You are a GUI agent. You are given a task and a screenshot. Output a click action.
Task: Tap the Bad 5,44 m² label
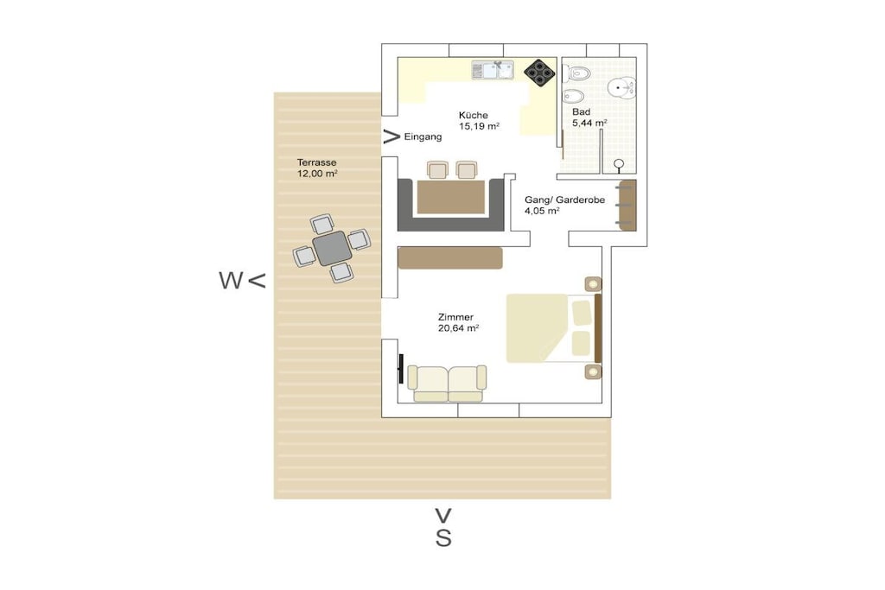coord(589,117)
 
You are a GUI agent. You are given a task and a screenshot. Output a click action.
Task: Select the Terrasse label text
coord(316,162)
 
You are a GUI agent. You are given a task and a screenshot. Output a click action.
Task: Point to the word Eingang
coord(423,136)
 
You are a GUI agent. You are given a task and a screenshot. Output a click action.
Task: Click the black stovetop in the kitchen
coord(539,73)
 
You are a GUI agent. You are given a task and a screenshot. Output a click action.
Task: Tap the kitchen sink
coord(493,70)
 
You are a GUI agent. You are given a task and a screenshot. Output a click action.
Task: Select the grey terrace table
coord(332,248)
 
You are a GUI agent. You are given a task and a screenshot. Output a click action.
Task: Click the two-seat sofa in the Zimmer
coord(448,384)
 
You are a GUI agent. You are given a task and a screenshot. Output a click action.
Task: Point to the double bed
coord(553,327)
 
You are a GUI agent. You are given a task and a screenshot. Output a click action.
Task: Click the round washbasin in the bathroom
coord(621,87)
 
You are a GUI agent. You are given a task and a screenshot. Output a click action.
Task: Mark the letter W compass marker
coord(231,281)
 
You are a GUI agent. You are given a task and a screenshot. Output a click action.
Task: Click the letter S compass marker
coord(443,538)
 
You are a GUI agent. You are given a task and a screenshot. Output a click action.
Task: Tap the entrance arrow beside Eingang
coord(392,136)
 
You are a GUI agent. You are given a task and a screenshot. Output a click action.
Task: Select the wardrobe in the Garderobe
coord(627,206)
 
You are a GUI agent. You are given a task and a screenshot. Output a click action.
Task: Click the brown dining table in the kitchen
coord(451,197)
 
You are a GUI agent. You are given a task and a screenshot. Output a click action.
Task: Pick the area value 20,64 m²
coord(458,327)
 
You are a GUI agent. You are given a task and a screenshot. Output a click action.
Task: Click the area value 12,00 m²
coord(317,174)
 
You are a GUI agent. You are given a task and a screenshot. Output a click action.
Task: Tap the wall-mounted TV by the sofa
coord(401,369)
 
